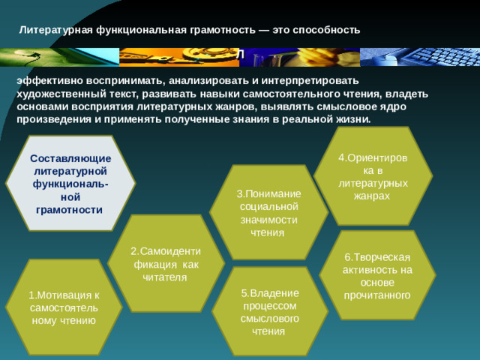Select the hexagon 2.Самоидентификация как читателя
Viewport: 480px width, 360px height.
click(164, 262)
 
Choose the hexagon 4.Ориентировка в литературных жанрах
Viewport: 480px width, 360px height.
click(373, 175)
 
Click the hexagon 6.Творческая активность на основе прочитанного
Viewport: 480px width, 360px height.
click(376, 274)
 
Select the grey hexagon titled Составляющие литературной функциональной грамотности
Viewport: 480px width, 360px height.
click(70, 184)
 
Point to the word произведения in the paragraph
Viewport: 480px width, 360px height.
click(50, 120)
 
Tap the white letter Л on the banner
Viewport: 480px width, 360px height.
click(240, 56)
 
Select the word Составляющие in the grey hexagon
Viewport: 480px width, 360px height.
click(70, 159)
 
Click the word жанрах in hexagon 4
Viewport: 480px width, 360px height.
click(373, 195)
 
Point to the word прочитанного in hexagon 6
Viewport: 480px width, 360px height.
click(377, 295)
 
